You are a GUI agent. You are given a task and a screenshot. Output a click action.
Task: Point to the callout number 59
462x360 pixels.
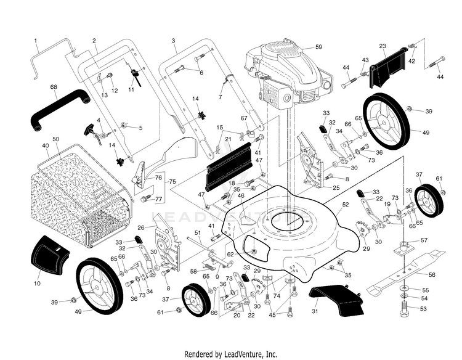coord(318,46)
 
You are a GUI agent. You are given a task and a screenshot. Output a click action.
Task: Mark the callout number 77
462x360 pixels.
coord(158,199)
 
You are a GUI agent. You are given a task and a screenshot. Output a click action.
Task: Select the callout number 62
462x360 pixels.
coord(230,253)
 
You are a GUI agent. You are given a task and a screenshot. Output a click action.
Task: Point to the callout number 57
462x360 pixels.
coord(424,240)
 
